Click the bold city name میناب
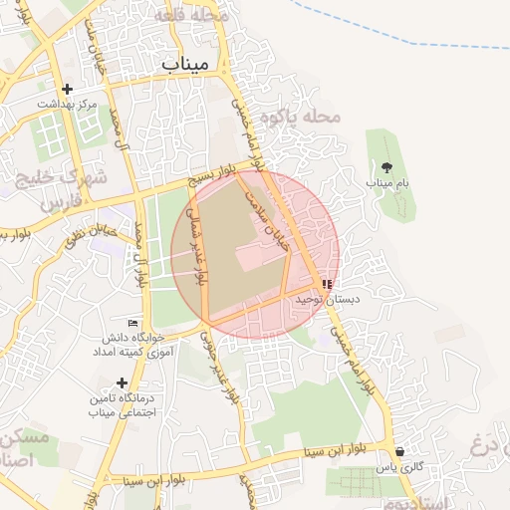coord(188,62)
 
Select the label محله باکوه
coord(301,118)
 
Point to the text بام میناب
coord(387,184)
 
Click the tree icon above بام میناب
coord(387,167)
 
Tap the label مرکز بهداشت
coord(67,104)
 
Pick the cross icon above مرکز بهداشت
coord(67,88)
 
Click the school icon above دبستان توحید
coord(327,284)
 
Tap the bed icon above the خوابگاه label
coord(133,322)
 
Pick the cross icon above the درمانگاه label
coord(122,382)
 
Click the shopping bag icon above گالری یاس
coord(399,450)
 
